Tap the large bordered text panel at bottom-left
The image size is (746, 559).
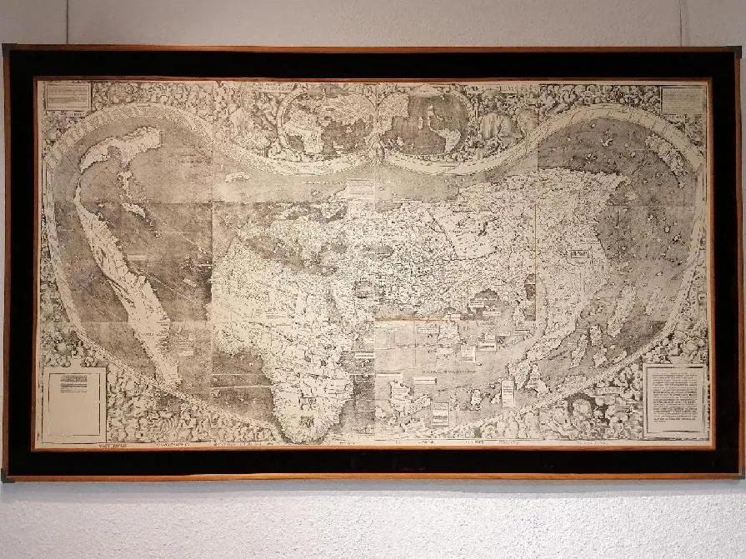(x=73, y=404)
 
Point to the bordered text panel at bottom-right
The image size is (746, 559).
(x=674, y=400)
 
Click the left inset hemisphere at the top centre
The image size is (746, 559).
(x=327, y=124)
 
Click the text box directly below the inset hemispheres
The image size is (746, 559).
(x=361, y=189)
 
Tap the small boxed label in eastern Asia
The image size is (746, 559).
(x=578, y=252)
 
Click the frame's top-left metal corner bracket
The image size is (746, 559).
(x=8, y=51)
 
